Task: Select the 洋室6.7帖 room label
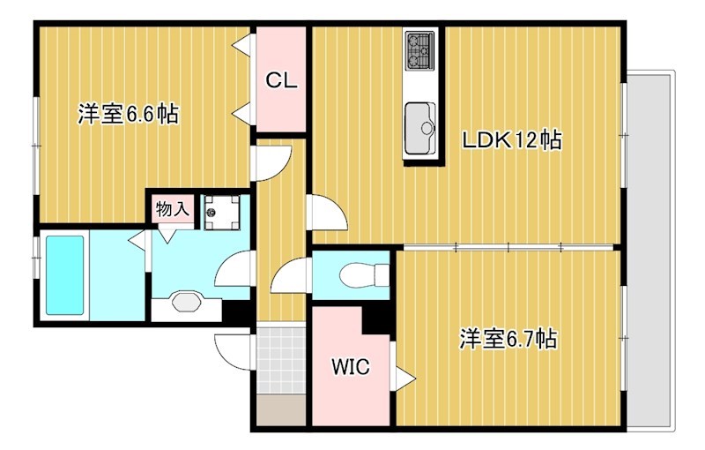click(x=507, y=338)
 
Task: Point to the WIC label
click(x=350, y=366)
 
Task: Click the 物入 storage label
click(x=171, y=209)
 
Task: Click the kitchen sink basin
click(x=419, y=120)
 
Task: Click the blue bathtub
click(x=63, y=274)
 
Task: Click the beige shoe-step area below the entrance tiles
click(x=280, y=409)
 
